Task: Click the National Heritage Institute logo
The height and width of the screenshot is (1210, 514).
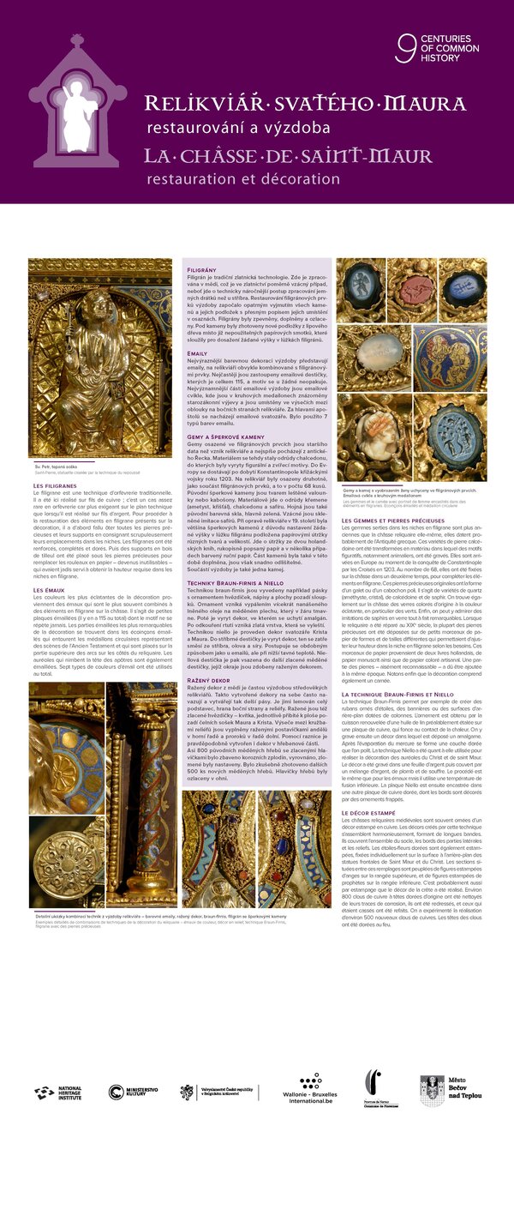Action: click(x=58, y=1092)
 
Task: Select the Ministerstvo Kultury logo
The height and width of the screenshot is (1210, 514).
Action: click(x=133, y=1092)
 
